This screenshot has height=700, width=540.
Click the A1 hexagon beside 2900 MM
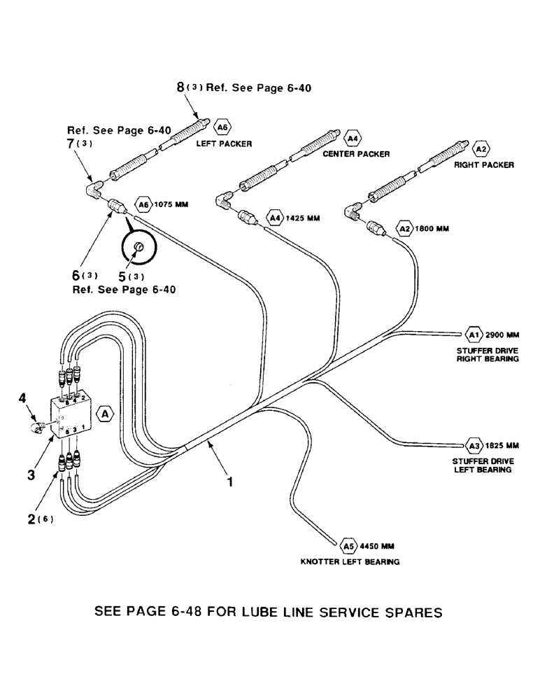[474, 334]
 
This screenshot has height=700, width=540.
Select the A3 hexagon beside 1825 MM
[474, 444]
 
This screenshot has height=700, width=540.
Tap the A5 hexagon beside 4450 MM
[349, 544]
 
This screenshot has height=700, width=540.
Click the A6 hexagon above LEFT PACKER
[222, 128]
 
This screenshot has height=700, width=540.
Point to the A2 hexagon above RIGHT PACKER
[481, 148]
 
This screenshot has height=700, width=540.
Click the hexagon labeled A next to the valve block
[105, 414]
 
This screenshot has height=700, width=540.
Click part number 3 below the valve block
[31, 474]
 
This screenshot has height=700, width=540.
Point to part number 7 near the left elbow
[70, 143]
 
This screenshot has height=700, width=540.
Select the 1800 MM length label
[434, 228]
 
